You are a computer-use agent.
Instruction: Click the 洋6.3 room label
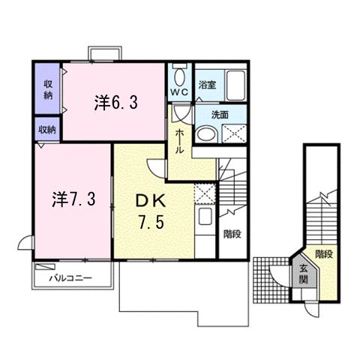pyautogui.click(x=115, y=103)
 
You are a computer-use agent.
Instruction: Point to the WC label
pyautogui.click(x=179, y=92)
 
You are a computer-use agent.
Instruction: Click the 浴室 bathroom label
pyautogui.click(x=206, y=85)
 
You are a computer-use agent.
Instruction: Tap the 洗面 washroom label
pyautogui.click(x=219, y=115)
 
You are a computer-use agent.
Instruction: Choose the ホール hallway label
pyautogui.click(x=181, y=139)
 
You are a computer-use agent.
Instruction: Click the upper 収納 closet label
pyautogui.click(x=47, y=89)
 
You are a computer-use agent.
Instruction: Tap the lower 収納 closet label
pyautogui.click(x=47, y=129)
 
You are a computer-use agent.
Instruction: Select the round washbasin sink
pyautogui.click(x=208, y=133)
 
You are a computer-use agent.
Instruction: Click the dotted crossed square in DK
pyautogui.click(x=205, y=193)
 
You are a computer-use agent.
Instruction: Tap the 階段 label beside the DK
pyautogui.click(x=232, y=233)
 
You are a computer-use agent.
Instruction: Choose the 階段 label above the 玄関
pyautogui.click(x=323, y=254)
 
